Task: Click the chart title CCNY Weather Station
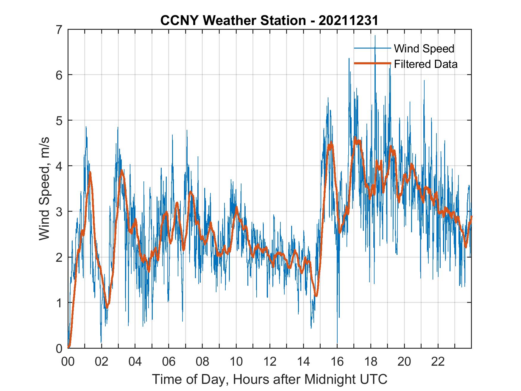(233, 21)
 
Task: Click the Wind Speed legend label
(424, 49)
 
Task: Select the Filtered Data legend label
(425, 64)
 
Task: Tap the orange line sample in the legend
(372, 63)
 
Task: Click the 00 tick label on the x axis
(68, 362)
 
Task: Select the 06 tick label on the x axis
(169, 362)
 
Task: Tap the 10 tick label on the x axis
(236, 362)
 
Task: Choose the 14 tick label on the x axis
(303, 362)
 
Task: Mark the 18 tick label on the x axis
(371, 362)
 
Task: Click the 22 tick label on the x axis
(438, 362)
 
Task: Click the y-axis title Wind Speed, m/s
(44, 189)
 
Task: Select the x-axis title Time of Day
(269, 379)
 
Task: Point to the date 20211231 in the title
(348, 21)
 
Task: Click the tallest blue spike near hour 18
(375, 36)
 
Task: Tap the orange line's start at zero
(69, 347)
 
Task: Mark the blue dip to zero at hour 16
(337, 342)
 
